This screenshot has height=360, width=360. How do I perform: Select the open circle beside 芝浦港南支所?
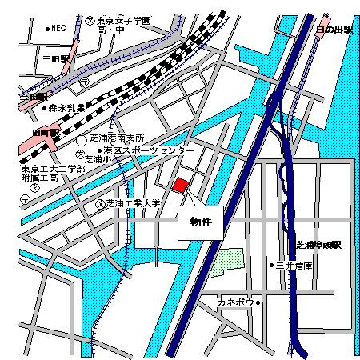82,141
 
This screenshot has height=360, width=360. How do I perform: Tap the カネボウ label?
234,302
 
